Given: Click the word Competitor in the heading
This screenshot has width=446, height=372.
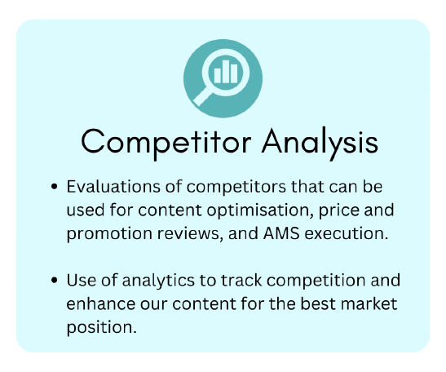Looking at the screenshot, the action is tap(166, 143).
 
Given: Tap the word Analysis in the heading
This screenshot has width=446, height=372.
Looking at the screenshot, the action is tap(320, 143).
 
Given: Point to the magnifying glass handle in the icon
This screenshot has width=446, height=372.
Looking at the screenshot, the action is tap(203, 96).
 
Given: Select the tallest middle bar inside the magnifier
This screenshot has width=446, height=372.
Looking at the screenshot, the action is tap(226, 72).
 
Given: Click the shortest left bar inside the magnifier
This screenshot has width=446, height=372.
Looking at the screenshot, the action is tap(218, 76).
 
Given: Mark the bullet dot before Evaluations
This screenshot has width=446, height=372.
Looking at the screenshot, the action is tap(54, 187).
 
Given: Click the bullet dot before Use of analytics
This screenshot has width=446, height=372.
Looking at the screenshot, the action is tap(54, 280).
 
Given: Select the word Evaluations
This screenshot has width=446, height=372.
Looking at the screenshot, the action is tap(113, 187).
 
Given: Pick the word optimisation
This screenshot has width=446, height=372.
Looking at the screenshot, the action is tap(259, 211).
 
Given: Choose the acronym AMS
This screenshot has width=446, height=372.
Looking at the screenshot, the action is tap(281, 233).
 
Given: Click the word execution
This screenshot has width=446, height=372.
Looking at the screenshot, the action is tap(347, 234).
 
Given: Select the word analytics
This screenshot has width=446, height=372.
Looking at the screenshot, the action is tap(158, 281).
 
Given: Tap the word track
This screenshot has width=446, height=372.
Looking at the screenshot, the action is tap(241, 280).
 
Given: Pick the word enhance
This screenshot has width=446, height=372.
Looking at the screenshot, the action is tap(101, 303).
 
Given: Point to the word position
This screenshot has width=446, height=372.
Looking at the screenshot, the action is tap(102, 328).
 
